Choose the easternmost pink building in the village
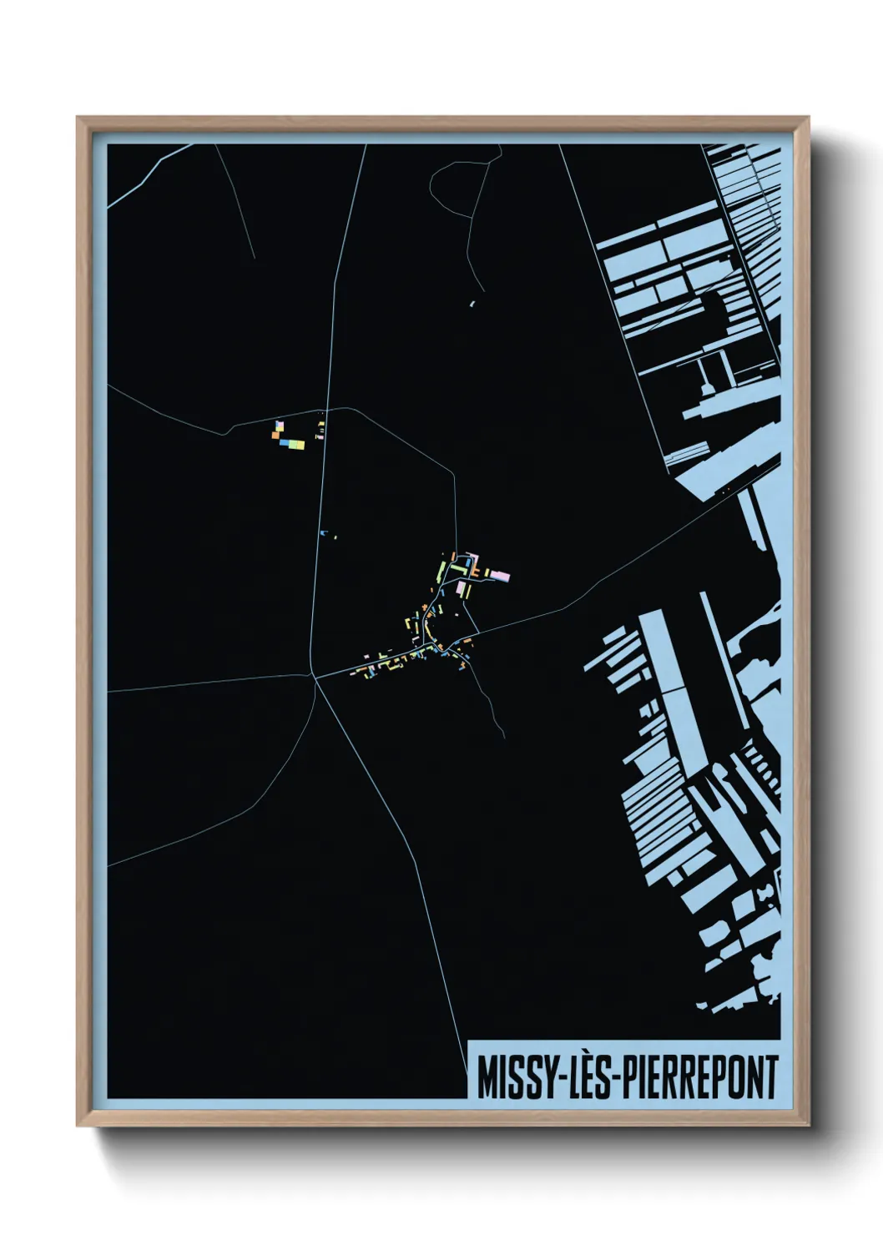point(501,576)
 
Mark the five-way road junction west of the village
point(315,677)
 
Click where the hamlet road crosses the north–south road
point(325,411)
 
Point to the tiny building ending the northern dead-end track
point(472,304)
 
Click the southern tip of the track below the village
point(503,736)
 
